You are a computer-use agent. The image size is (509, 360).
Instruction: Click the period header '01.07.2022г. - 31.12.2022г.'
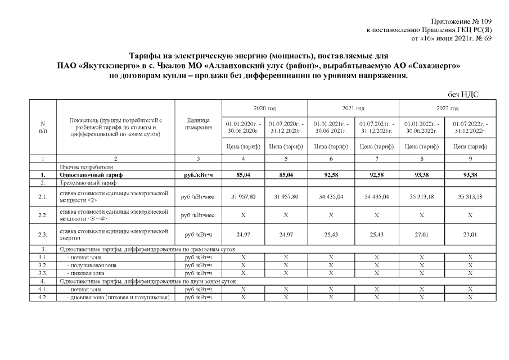[470, 127]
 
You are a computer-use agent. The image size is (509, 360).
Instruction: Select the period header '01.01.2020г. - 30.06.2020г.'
[243, 127]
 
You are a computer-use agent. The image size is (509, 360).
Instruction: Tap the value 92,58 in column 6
[331, 175]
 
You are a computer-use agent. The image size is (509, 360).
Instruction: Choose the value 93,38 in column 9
[470, 175]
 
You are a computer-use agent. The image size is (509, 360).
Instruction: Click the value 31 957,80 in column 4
[243, 196]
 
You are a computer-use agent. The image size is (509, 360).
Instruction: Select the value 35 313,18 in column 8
[421, 196]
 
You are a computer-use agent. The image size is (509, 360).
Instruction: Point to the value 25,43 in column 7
[376, 234]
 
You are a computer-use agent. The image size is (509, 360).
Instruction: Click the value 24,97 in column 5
[287, 234]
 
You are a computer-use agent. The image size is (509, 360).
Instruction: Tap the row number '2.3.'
[43, 234]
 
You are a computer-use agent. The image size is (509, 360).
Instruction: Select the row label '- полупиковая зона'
[92, 264]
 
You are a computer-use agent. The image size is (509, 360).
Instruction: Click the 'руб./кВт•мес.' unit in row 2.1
[198, 196]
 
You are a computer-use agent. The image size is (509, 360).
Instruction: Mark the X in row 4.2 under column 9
[470, 297]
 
